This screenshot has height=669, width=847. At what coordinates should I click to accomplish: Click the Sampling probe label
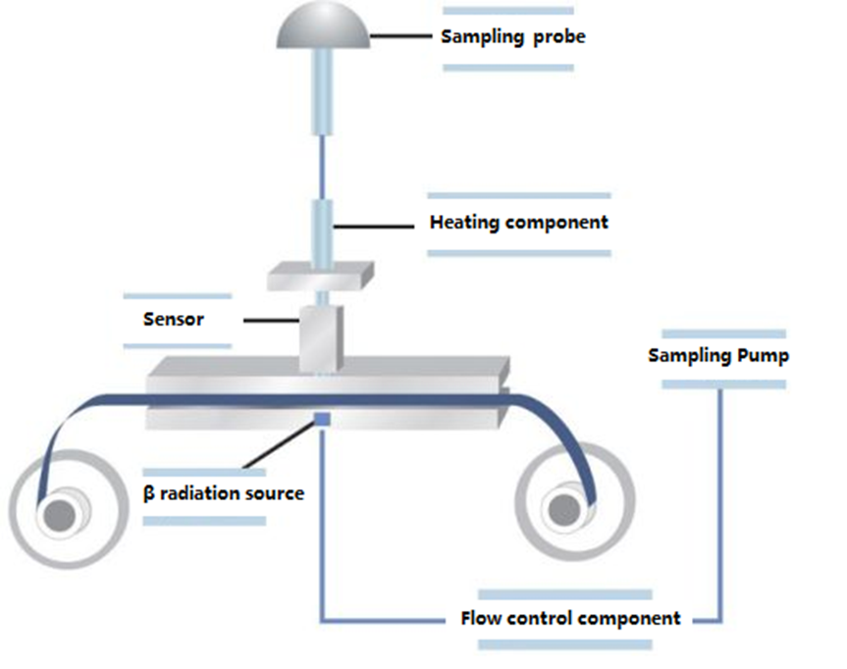click(513, 37)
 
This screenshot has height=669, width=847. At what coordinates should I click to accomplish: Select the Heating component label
click(518, 223)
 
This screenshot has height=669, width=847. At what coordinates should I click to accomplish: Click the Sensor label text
click(174, 320)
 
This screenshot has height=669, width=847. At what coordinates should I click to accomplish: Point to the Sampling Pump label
click(718, 356)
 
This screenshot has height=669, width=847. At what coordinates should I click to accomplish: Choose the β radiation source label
click(224, 493)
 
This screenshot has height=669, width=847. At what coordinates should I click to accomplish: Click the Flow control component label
click(570, 618)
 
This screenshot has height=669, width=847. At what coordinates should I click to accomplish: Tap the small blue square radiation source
click(323, 419)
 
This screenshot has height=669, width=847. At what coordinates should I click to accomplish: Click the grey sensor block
click(321, 338)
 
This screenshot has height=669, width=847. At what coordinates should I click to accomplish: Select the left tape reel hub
click(60, 516)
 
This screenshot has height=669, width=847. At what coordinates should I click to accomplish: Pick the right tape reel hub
click(564, 510)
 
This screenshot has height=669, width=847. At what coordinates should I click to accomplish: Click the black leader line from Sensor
click(272, 321)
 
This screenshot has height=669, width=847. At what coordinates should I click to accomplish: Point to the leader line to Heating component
click(374, 227)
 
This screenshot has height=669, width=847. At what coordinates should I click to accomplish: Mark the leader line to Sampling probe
click(401, 36)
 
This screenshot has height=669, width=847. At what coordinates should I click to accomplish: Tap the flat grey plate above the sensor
click(321, 277)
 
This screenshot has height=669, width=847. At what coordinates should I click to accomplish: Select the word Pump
click(764, 356)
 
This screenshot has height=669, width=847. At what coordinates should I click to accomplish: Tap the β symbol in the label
click(148, 493)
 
